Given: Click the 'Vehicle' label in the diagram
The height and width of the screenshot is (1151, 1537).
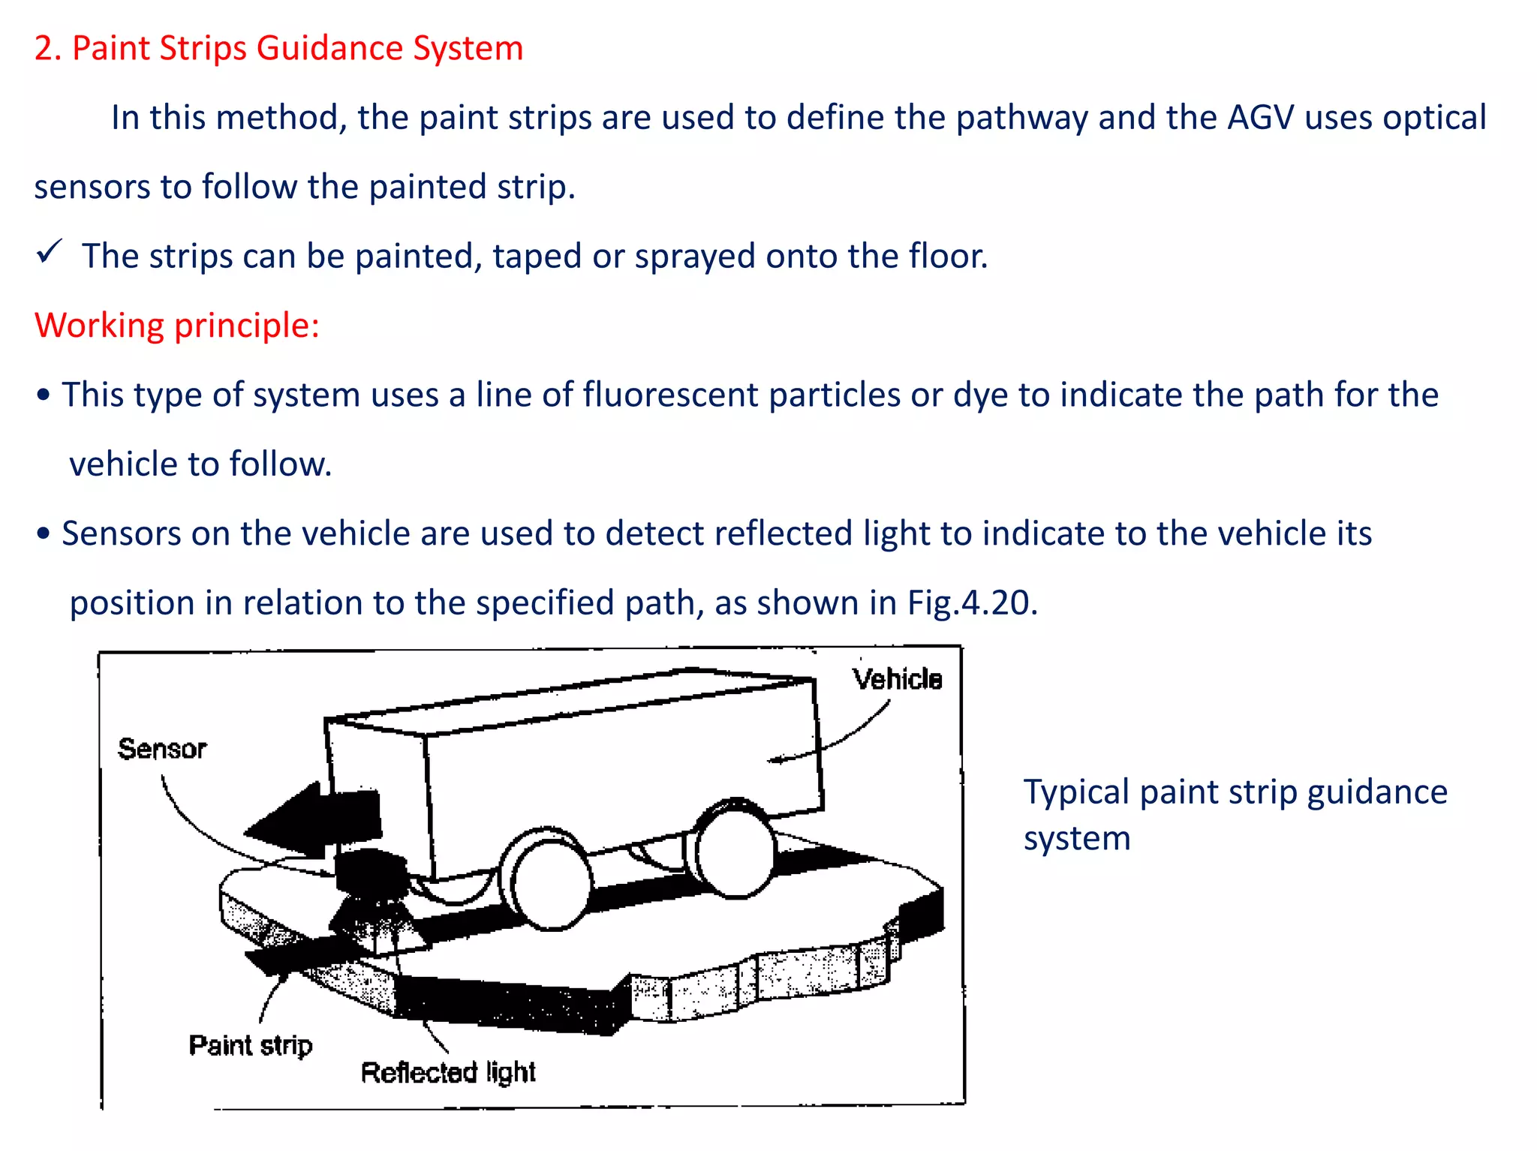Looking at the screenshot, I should coord(897,679).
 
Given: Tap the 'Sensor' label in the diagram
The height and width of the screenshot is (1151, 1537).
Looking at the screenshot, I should coord(161,749).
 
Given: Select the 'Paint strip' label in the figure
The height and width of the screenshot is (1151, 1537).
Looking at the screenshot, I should coord(250,1045).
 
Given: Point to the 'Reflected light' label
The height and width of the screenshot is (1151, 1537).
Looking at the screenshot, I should coord(448,1072).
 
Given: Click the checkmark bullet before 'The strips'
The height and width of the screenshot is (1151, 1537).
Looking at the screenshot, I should coord(50,253).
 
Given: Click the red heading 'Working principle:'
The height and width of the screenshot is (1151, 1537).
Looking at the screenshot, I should coord(177,326).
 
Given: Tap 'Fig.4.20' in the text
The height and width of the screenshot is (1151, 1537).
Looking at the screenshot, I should coord(972,603).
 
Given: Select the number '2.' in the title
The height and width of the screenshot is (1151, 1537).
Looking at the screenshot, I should coord(47,49).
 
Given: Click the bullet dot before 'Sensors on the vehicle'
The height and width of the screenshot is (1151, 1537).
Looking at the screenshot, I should coord(44,533).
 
